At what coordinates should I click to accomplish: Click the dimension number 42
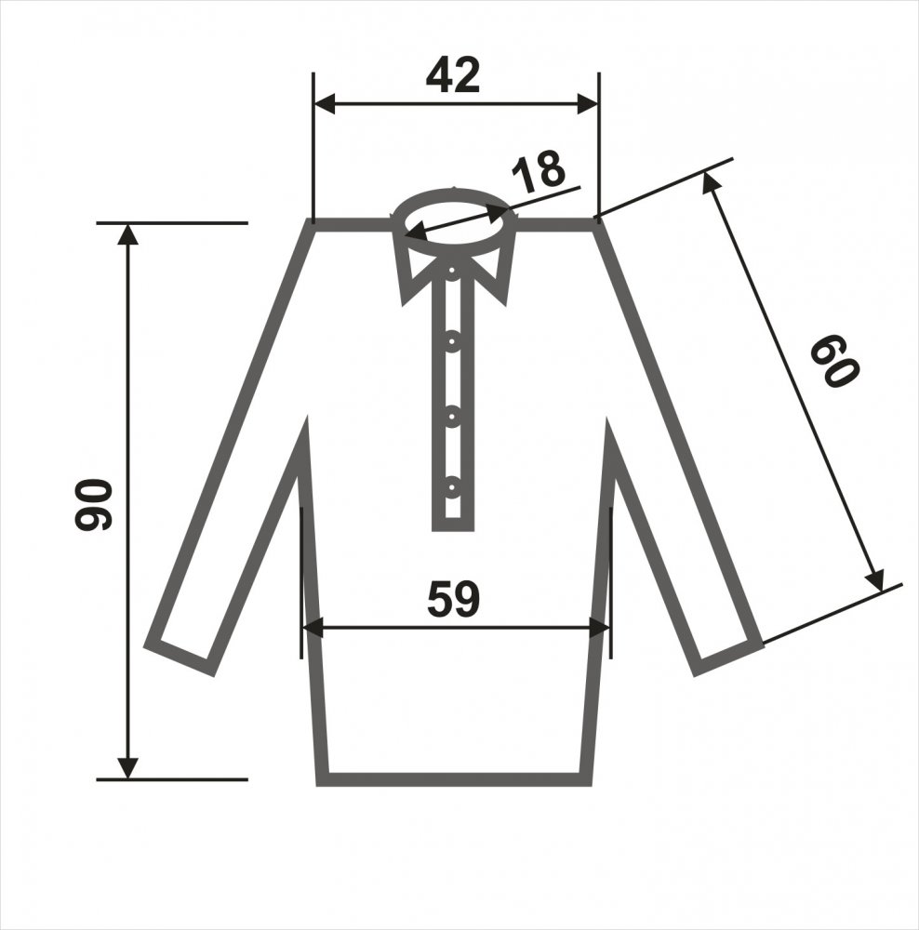tap(453, 75)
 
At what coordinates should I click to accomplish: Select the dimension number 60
tap(834, 361)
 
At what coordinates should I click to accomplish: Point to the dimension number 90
tap(93, 504)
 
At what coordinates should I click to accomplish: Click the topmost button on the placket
tap(452, 271)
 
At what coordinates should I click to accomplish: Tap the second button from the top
tap(453, 341)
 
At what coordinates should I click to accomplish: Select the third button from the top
tap(452, 417)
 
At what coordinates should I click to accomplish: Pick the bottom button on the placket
tap(452, 487)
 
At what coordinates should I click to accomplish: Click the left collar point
tap(404, 304)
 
